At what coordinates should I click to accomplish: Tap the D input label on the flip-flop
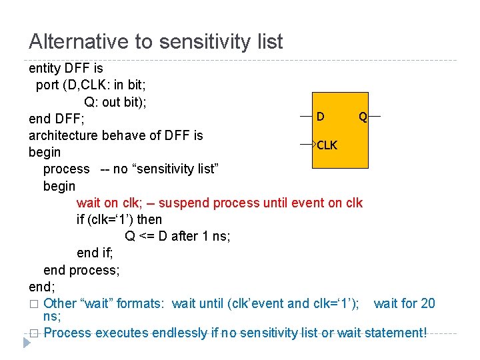click(x=321, y=117)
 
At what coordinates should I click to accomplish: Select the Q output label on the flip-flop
click(x=362, y=117)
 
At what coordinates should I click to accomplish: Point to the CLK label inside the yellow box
click(x=327, y=145)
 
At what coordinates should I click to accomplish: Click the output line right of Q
click(x=374, y=117)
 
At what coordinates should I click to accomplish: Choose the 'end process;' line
click(x=81, y=270)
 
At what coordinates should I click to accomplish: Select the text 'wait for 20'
click(x=404, y=303)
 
